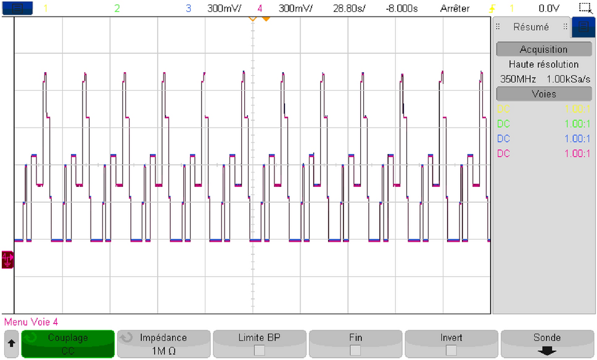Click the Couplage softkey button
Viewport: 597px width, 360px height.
[68, 343]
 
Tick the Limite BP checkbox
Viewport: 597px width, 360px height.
[260, 350]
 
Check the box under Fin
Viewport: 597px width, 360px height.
[355, 350]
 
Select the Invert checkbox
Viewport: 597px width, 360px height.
[451, 350]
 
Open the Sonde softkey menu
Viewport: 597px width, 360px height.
[547, 343]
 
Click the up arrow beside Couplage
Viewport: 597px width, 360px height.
[11, 343]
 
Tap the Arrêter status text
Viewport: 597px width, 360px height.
[455, 9]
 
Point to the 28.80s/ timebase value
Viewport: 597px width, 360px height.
[348, 9]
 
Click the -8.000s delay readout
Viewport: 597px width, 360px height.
[401, 9]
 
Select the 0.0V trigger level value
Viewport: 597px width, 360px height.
[548, 9]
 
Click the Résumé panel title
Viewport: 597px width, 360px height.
[530, 27]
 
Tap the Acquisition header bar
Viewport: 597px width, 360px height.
[543, 49]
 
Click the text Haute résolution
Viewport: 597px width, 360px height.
[543, 64]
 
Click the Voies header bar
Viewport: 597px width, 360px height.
[543, 94]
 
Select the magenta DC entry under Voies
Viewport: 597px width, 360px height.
[504, 153]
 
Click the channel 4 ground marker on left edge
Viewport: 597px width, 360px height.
[7, 258]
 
